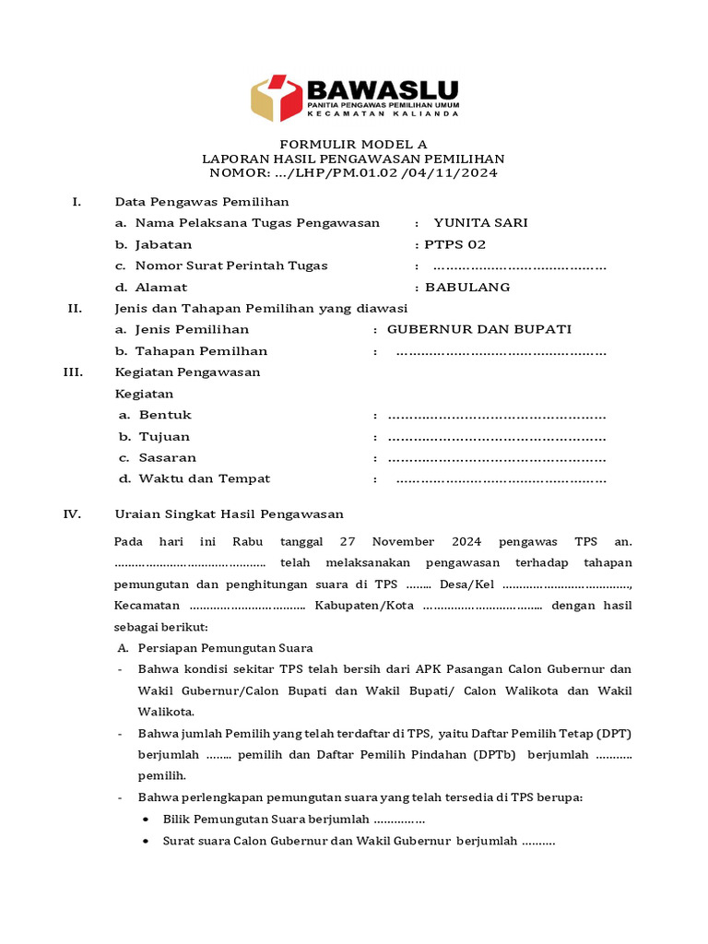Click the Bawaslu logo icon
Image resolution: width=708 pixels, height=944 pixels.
(277, 99)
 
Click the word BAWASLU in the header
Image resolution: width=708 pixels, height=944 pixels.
(382, 90)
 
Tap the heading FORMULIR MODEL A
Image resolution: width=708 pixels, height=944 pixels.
(354, 145)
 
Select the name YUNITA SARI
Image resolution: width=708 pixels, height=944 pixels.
(480, 222)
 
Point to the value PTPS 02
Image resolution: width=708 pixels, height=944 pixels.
(455, 244)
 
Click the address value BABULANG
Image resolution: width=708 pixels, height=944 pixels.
(467, 287)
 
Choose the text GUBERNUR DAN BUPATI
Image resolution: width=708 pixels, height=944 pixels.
(479, 329)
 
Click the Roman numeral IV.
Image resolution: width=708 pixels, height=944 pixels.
(72, 513)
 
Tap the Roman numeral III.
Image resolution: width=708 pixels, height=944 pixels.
(73, 372)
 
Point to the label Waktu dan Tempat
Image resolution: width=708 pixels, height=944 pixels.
(205, 478)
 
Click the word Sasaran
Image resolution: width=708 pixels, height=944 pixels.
(167, 457)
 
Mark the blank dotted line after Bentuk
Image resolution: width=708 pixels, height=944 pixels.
(497, 415)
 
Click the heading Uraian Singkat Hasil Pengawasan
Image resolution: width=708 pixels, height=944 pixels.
(229, 513)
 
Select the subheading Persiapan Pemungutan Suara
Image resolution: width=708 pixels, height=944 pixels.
(226, 647)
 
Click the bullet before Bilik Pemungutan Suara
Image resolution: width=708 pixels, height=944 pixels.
(148, 819)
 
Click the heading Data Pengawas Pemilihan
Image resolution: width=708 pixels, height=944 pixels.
(201, 201)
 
